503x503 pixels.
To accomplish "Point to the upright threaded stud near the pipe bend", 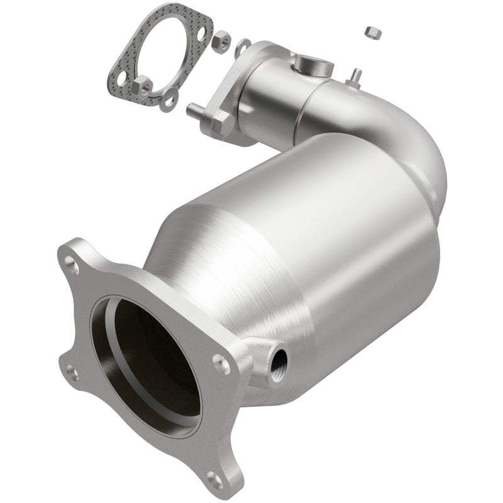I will [356, 75].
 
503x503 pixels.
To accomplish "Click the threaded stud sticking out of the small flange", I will [194, 110].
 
